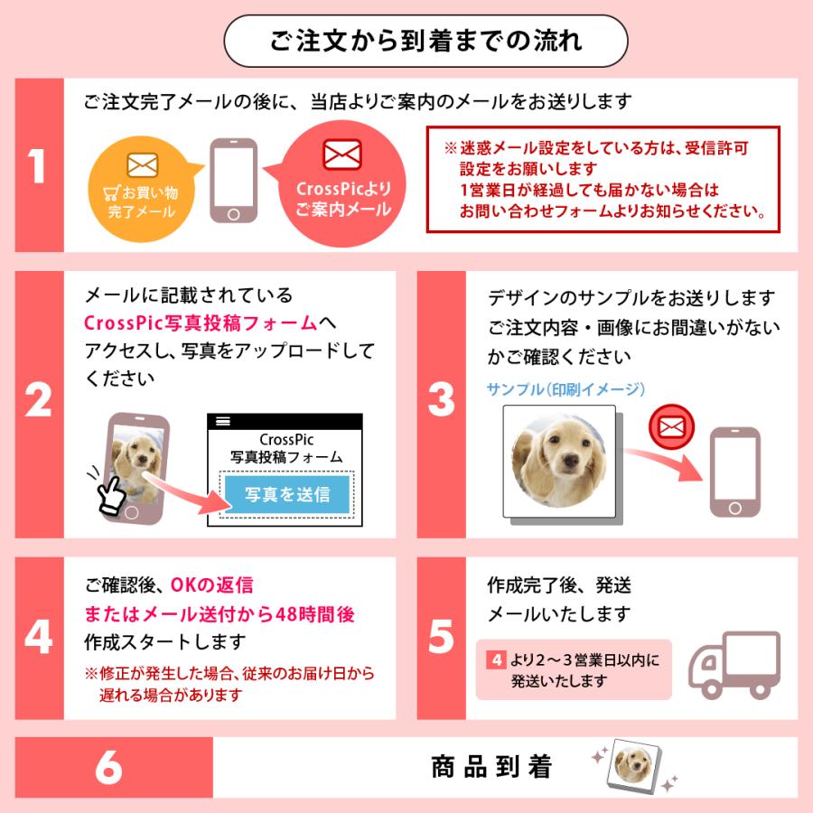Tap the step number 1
click(37, 167)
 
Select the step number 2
click(37, 403)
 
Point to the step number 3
click(440, 403)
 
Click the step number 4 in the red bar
click(37, 638)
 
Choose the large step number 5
click(440, 638)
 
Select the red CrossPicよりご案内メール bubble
click(341, 184)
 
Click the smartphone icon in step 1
click(233, 181)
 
